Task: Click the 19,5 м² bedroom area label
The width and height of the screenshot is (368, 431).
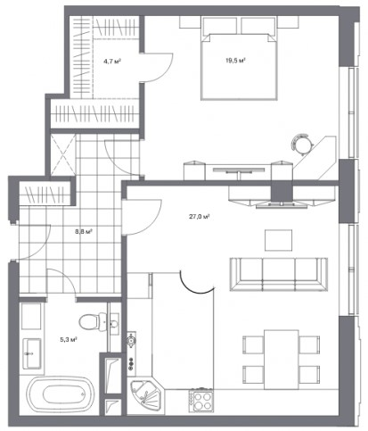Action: (x=235, y=61)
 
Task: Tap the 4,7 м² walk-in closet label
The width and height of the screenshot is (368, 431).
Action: (x=112, y=62)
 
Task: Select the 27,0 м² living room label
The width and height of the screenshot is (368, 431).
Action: (x=200, y=217)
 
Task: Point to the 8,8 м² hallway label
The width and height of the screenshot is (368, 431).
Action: (x=84, y=231)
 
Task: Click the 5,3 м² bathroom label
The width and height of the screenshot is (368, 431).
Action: (x=69, y=339)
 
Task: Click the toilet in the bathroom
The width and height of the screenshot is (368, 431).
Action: (x=92, y=322)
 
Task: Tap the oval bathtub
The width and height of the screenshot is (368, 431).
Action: (x=61, y=394)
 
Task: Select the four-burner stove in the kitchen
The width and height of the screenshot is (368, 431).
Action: (x=203, y=402)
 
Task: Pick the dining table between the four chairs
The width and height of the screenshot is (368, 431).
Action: (x=282, y=360)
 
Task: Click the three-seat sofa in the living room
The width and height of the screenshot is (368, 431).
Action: (x=279, y=274)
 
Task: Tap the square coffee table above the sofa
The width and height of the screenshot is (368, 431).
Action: (x=279, y=240)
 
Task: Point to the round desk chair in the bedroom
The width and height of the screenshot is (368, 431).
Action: (x=302, y=144)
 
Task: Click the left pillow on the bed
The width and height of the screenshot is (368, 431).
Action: (x=220, y=26)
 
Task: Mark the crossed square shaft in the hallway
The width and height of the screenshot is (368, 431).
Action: (x=63, y=154)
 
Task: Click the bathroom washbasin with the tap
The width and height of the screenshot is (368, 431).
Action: (x=32, y=352)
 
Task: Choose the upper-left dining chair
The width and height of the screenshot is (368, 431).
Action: (x=253, y=344)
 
